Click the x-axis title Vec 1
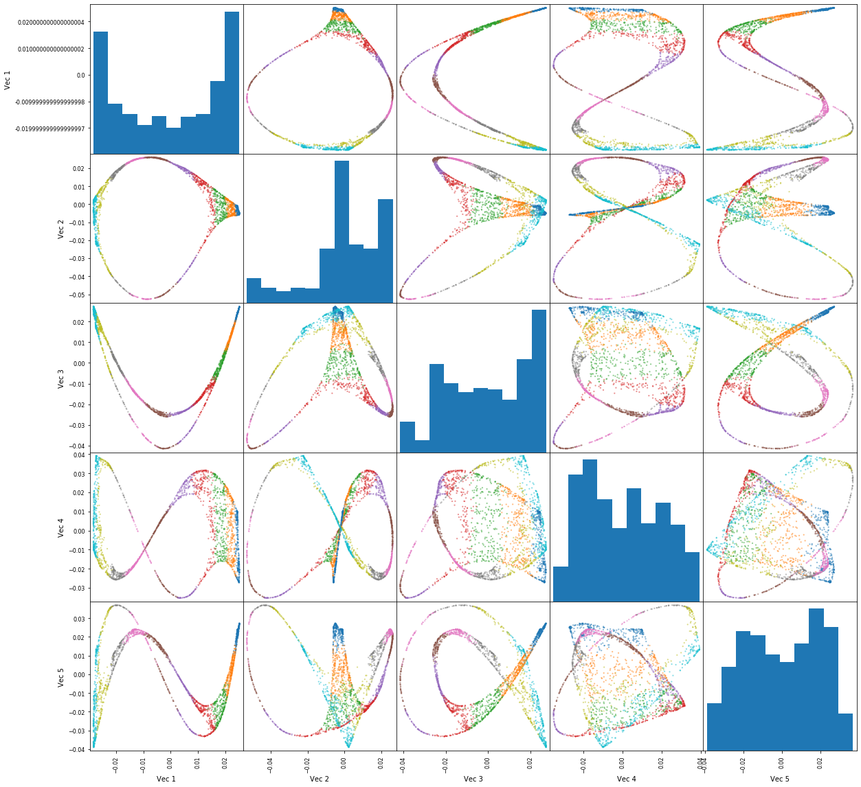click(166, 779)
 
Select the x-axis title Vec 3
click(473, 779)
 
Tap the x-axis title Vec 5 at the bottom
click(780, 779)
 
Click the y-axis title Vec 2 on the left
click(60, 229)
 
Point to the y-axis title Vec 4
click(60, 527)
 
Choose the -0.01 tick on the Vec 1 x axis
click(143, 761)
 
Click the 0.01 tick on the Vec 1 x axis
click(197, 761)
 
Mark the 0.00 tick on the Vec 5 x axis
click(781, 761)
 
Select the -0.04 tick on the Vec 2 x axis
click(270, 761)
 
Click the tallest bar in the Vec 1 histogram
click(232, 82)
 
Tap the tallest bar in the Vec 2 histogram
click(342, 231)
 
